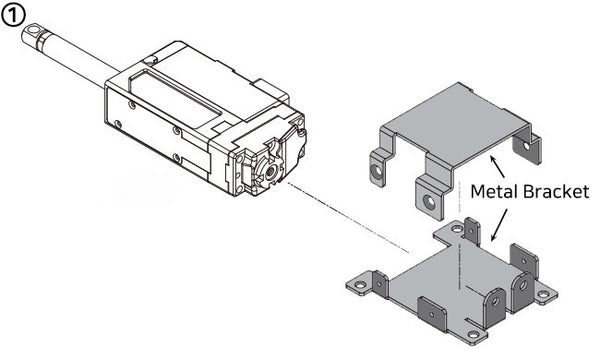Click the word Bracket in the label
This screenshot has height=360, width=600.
point(552,193)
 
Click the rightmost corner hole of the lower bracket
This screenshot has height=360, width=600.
point(544,296)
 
